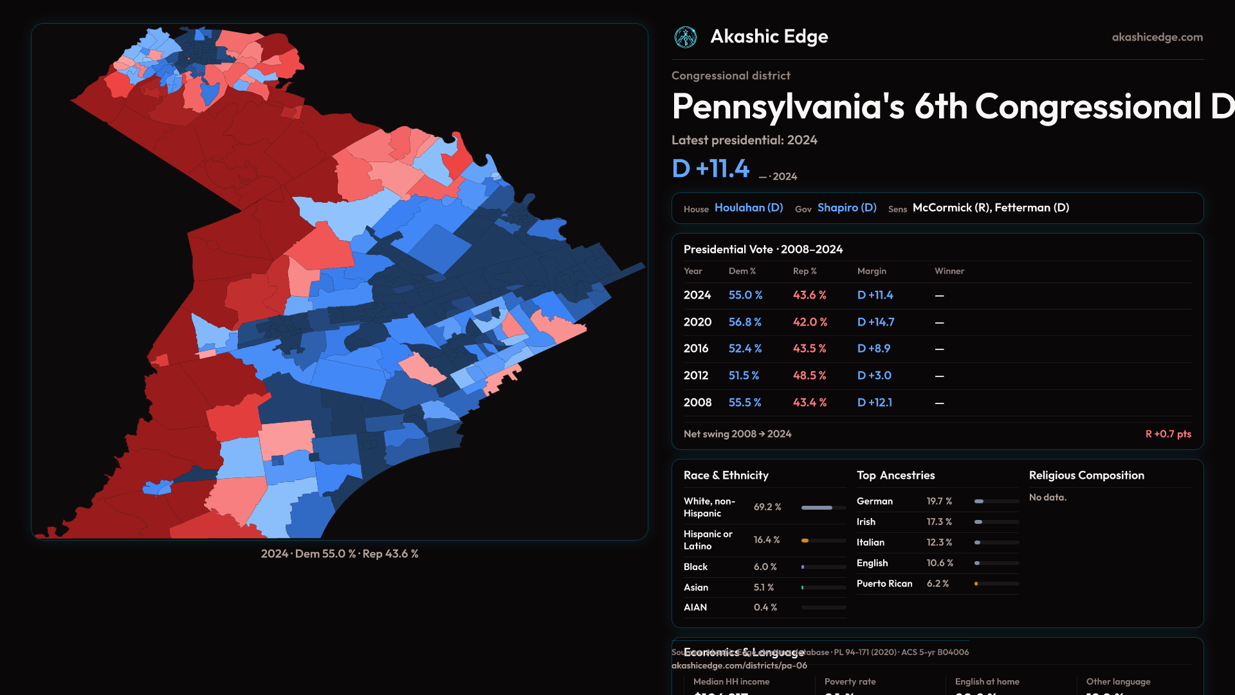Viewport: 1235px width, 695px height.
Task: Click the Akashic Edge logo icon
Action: point(686,37)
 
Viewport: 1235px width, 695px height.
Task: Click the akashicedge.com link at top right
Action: point(1157,37)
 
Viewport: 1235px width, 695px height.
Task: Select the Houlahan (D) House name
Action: point(749,208)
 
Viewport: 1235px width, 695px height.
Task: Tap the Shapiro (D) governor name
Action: point(846,208)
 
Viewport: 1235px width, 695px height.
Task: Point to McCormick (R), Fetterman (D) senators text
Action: point(991,208)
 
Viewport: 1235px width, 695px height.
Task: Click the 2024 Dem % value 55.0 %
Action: point(746,295)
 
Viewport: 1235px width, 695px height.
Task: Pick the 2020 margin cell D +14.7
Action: point(875,322)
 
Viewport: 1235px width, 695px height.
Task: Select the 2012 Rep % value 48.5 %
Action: point(810,376)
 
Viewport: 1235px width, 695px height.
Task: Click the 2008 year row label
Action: point(697,403)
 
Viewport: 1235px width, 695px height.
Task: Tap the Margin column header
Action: point(872,272)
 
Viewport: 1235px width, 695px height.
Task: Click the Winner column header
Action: point(949,272)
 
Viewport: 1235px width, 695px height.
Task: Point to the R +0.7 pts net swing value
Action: point(1168,434)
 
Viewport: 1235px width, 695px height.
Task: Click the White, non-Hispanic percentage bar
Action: point(823,508)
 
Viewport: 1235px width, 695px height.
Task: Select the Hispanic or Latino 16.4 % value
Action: point(767,540)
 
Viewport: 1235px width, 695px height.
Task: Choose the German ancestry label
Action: point(875,501)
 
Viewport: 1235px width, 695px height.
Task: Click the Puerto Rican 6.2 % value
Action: point(938,584)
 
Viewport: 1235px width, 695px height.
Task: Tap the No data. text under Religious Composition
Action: point(1048,497)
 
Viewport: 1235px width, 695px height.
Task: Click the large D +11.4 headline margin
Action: point(711,169)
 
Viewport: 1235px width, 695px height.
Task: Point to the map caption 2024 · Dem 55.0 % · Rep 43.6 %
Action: point(340,554)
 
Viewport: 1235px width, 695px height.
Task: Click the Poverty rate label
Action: point(850,682)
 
